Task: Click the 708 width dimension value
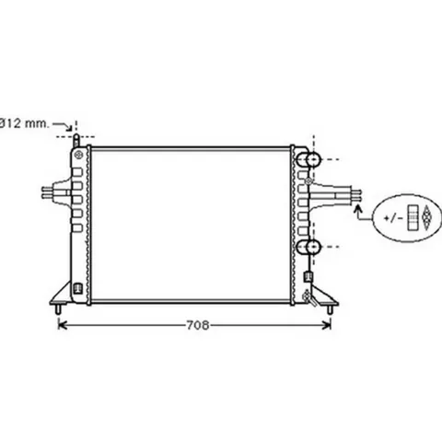pos(198,325)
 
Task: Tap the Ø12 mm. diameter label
pos(24,123)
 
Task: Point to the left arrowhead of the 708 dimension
pos(63,325)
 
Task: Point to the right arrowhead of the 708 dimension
pos(327,325)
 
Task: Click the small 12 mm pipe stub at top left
pos(76,141)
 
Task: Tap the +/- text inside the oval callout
pos(393,218)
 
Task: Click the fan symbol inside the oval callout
pos(426,217)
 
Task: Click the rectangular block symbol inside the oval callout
pos(413,217)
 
